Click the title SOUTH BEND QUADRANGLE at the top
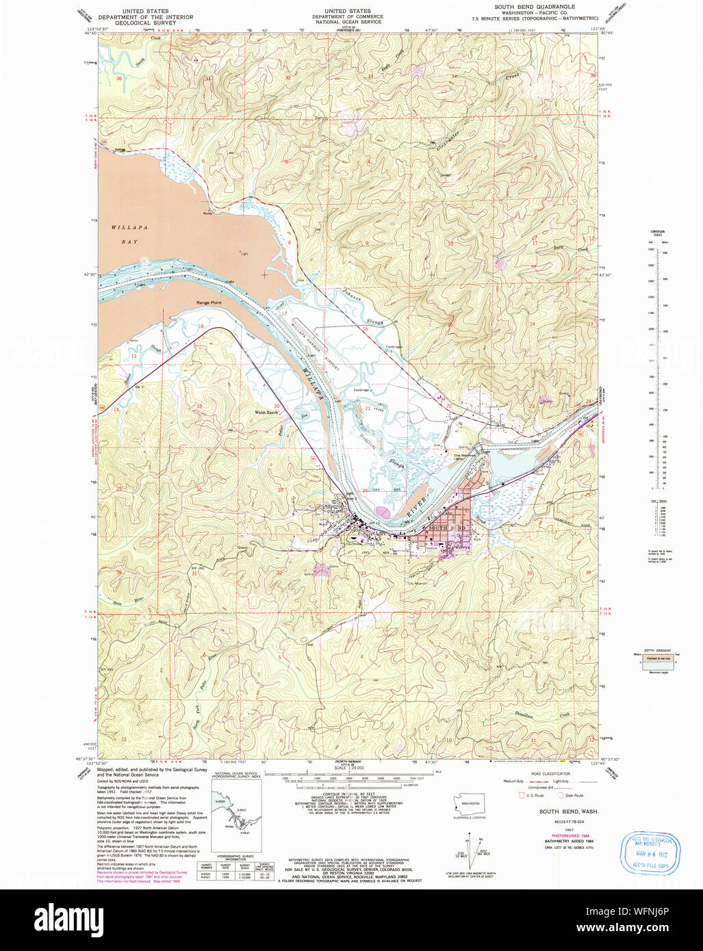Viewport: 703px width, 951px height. pos(535,6)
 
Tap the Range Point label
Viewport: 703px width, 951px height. pos(209,302)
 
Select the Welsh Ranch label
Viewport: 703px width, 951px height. pos(268,413)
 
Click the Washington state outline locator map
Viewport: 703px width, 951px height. pos(470,804)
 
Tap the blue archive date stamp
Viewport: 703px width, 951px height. pos(646,852)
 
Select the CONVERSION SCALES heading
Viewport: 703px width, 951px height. pos(657,233)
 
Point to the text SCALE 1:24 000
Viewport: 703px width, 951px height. pos(348,768)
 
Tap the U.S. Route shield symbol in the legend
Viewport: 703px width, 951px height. pos(522,795)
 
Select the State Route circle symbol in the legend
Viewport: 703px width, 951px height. pos(561,795)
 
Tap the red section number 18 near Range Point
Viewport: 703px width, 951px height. pos(201,327)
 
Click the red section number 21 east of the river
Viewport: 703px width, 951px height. pos(368,408)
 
